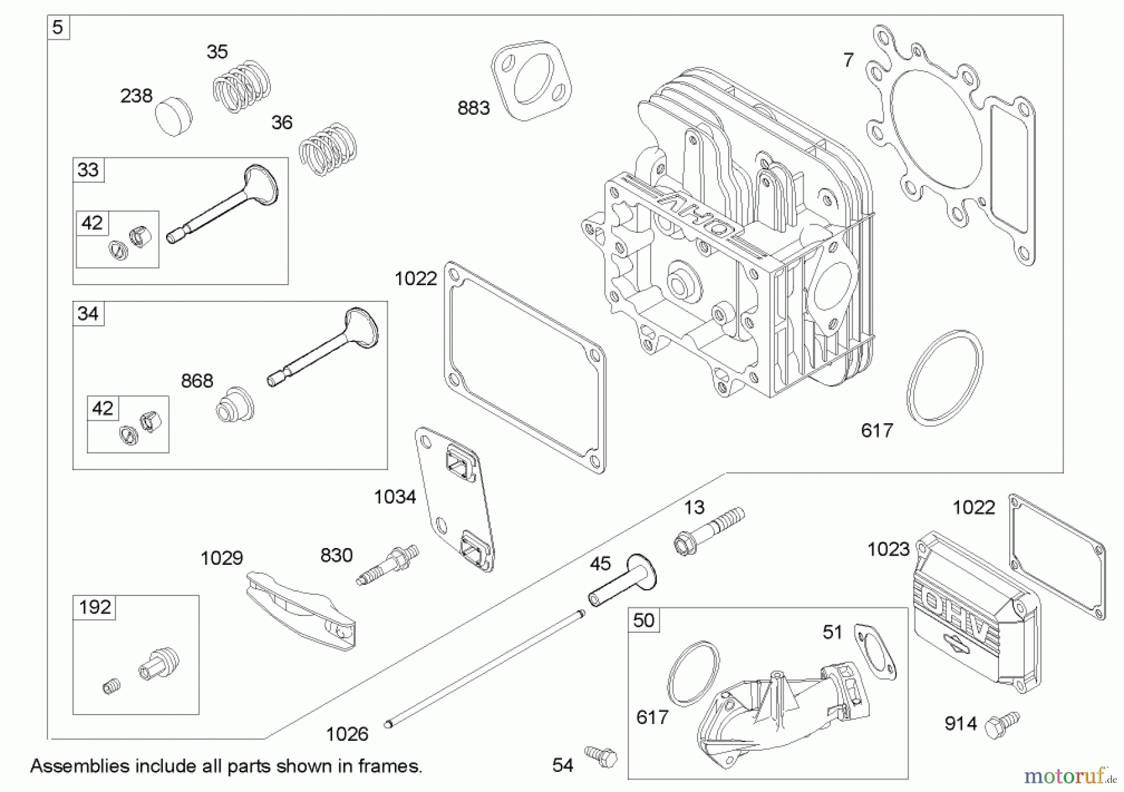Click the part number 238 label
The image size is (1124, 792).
pyautogui.click(x=136, y=96)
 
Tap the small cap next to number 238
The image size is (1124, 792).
pyautogui.click(x=174, y=117)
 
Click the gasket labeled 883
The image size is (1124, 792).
pyautogui.click(x=531, y=81)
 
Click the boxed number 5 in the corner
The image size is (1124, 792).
pyautogui.click(x=58, y=27)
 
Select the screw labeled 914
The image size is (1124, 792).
pyautogui.click(x=1000, y=725)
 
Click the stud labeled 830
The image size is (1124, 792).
pyautogui.click(x=387, y=564)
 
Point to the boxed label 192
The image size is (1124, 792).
pyautogui.click(x=95, y=607)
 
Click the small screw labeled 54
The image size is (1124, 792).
pyautogui.click(x=601, y=756)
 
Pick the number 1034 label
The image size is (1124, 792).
pyautogui.click(x=395, y=497)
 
